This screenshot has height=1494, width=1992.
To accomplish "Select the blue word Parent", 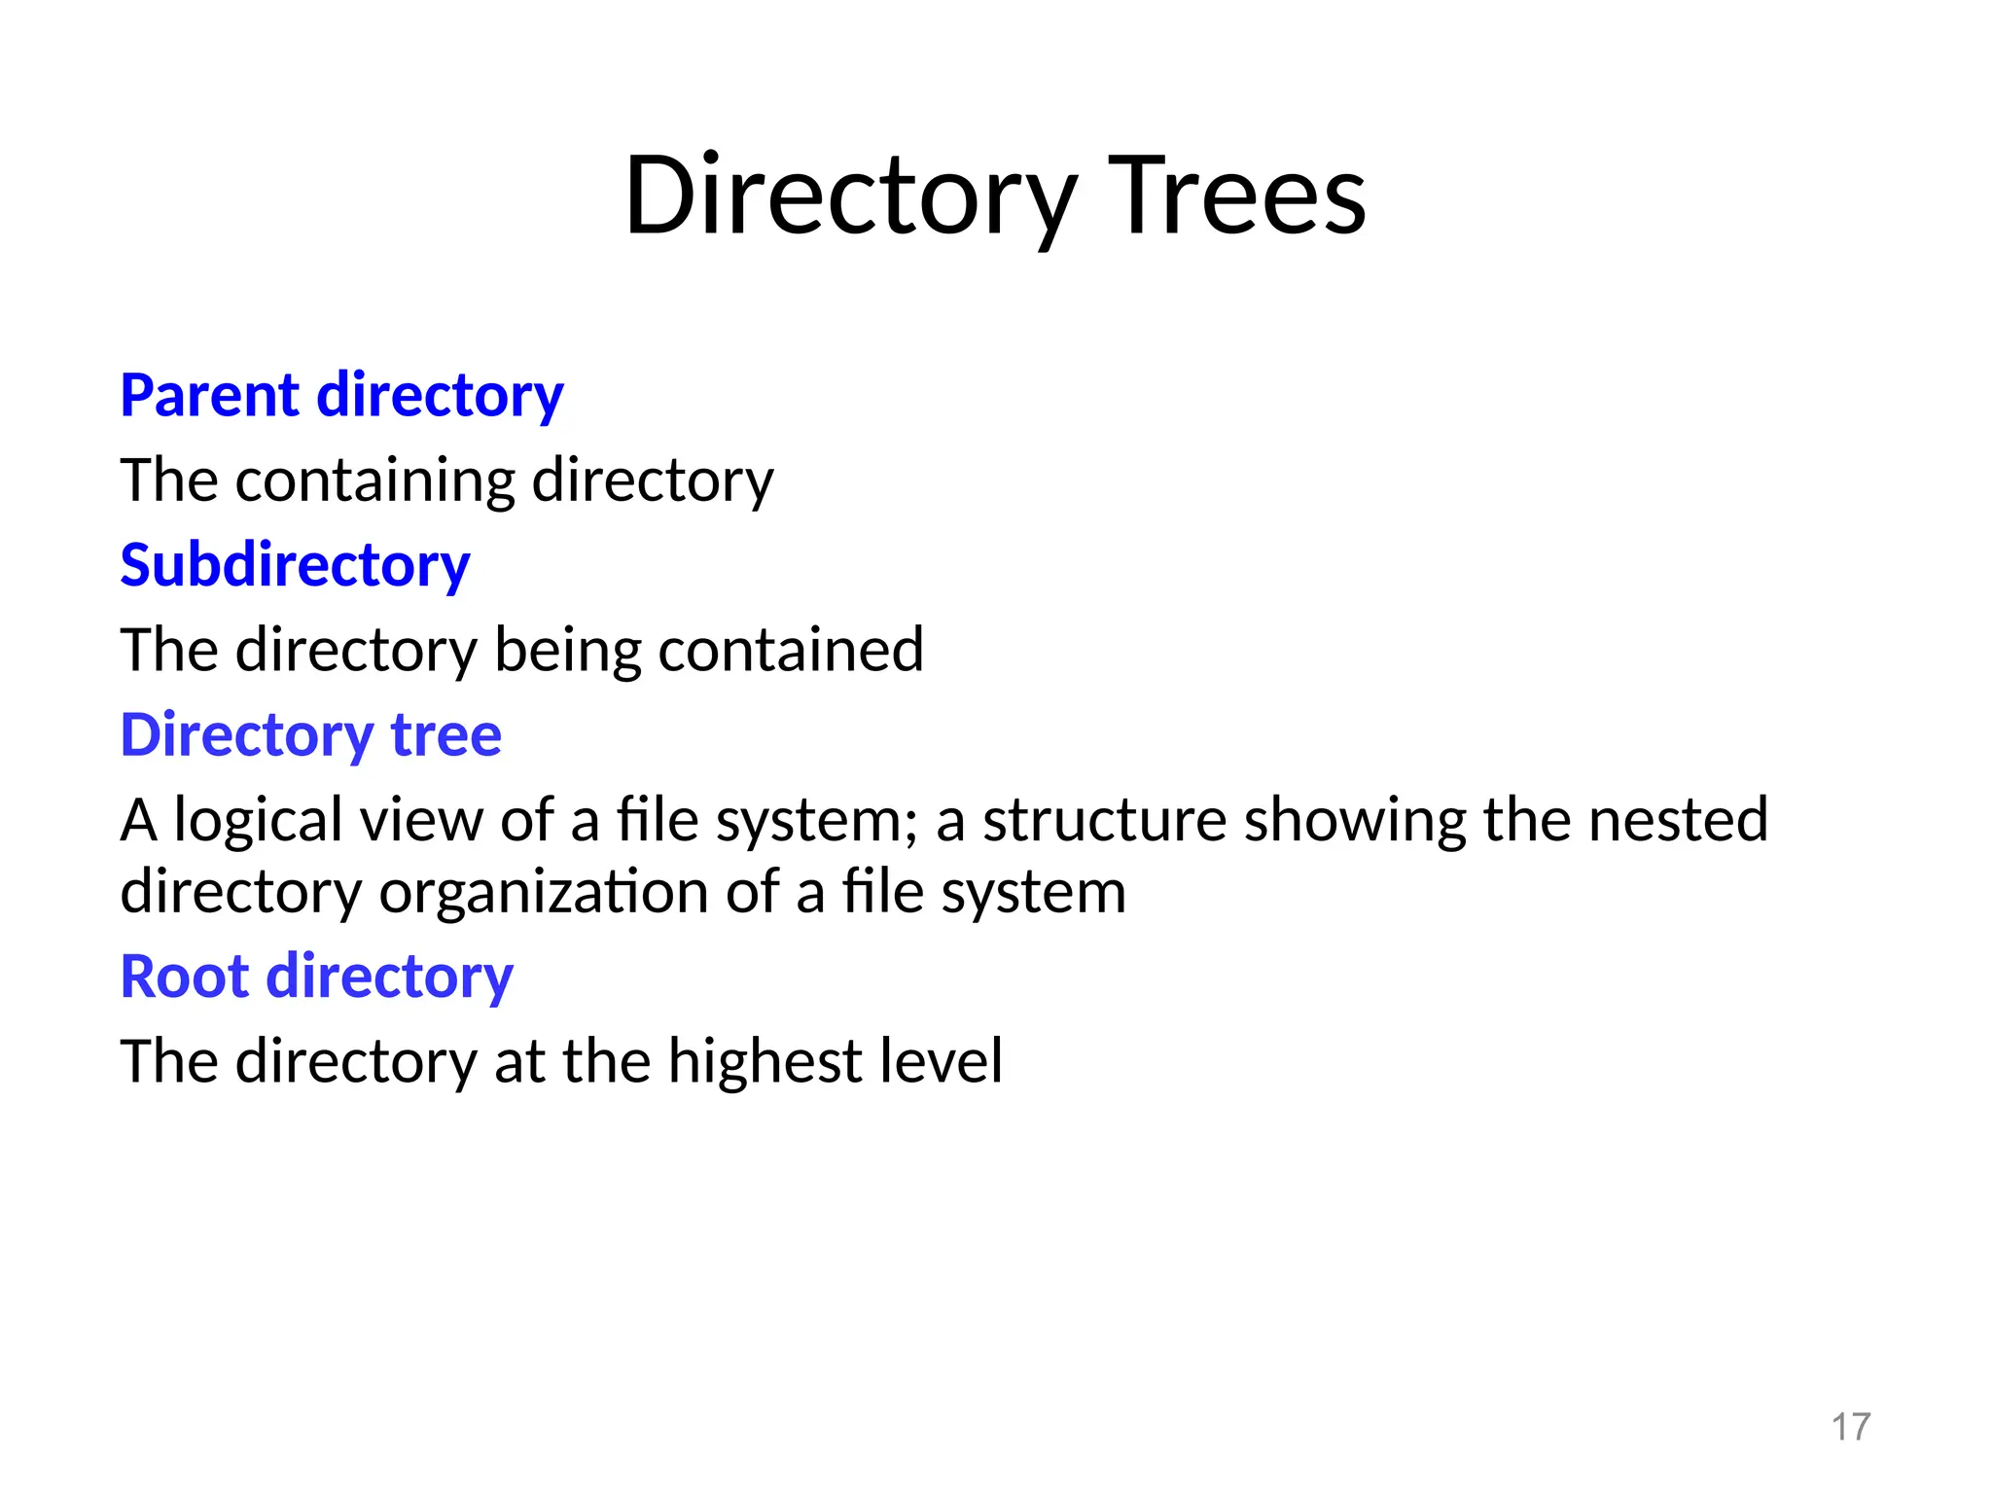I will (x=209, y=396).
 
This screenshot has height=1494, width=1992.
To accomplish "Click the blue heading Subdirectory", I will (x=295, y=565).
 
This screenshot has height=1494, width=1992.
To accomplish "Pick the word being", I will (x=567, y=650).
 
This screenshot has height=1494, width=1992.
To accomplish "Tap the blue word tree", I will (x=446, y=734).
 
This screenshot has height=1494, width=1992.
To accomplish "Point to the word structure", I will (x=1104, y=820).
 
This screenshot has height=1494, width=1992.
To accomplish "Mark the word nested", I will (x=1678, y=820).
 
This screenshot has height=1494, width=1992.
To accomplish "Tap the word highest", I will (x=765, y=1061).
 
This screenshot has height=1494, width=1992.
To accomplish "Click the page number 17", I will (x=1850, y=1427).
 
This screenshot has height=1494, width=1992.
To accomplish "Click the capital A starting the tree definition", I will (x=138, y=820).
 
